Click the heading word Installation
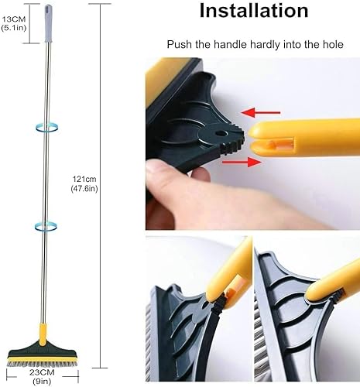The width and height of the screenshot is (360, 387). (255, 12)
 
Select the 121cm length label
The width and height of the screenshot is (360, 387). (81, 177)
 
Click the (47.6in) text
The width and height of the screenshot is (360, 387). (83, 188)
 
